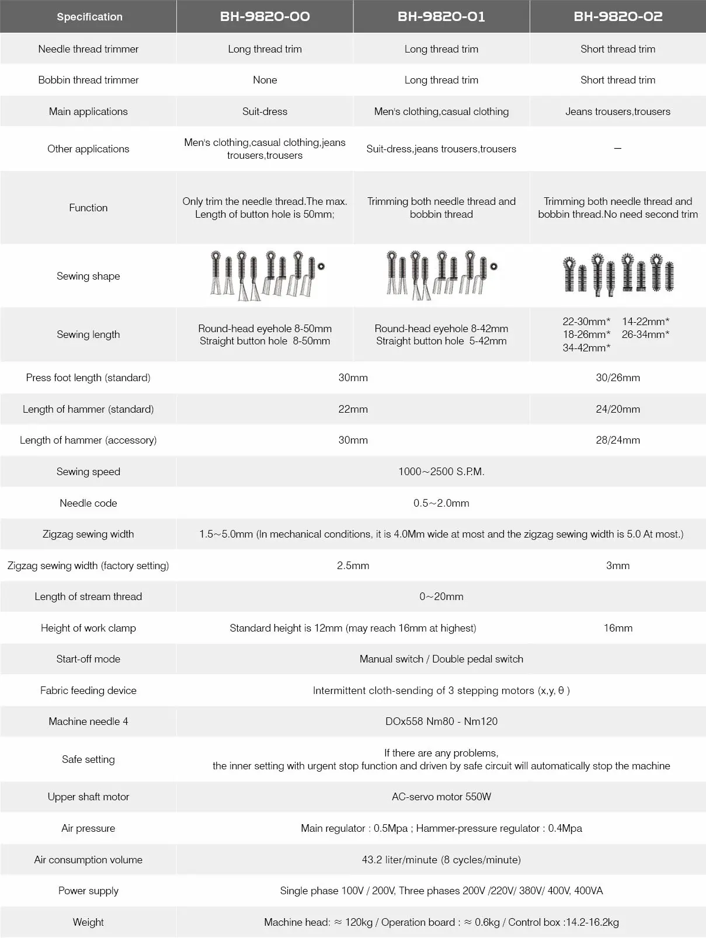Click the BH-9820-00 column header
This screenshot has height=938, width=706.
point(265,16)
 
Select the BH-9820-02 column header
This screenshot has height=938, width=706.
point(618,16)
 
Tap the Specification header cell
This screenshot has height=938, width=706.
point(89,17)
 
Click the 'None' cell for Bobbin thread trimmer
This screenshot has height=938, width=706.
point(265,80)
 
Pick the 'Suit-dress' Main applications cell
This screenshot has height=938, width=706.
point(265,111)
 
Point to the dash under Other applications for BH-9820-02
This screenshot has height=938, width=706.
point(618,149)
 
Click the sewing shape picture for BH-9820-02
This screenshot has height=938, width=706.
point(618,274)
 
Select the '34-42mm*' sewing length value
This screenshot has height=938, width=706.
point(586,348)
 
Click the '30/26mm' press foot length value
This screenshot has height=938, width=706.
point(618,378)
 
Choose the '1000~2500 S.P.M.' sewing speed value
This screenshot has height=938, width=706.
point(441,472)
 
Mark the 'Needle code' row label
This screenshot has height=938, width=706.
point(88,503)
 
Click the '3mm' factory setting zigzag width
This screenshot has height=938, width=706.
point(618,566)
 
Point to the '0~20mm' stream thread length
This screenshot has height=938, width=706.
point(441,597)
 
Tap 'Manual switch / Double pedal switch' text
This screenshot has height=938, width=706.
point(441,659)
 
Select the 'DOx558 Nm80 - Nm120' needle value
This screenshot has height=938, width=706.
point(441,721)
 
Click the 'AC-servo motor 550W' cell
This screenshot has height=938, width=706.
point(441,797)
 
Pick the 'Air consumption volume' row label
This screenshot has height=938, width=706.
point(88,860)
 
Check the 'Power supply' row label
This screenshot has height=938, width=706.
point(88,891)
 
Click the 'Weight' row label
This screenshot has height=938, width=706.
point(88,922)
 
